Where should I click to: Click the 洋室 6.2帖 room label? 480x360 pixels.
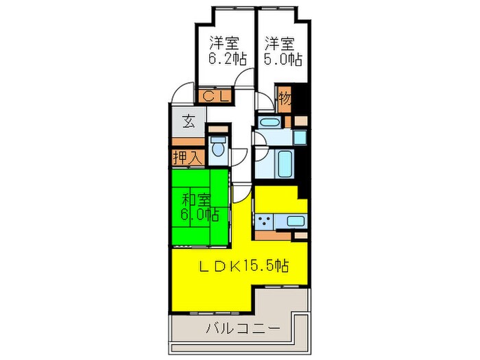227,51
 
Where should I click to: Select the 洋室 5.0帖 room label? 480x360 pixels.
282,51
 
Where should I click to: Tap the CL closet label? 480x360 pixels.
215,97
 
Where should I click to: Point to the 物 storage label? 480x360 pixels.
285,99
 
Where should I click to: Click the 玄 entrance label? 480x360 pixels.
188,124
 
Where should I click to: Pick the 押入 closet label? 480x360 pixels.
187,157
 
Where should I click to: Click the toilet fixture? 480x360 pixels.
218,148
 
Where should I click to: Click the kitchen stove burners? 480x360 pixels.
265,221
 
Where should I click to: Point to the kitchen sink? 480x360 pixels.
295,221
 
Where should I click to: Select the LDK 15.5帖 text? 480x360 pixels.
243,266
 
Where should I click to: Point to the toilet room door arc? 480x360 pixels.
239,156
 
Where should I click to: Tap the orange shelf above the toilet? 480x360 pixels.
217,129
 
